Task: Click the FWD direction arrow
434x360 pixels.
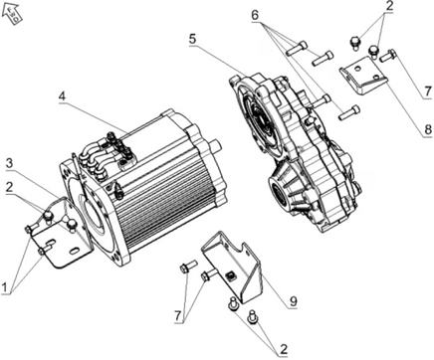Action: pyautogui.click(x=13, y=13)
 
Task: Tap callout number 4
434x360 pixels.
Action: pyautogui.click(x=62, y=96)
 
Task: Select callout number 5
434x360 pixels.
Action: pyautogui.click(x=193, y=39)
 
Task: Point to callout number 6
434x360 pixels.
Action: pyautogui.click(x=255, y=15)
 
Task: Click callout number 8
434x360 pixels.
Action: pyautogui.click(x=428, y=129)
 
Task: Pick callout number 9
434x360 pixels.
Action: pyautogui.click(x=293, y=301)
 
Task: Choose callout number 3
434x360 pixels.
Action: pyautogui.click(x=10, y=163)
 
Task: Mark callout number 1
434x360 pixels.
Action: pyautogui.click(x=4, y=287)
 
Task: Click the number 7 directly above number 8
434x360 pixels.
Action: pyautogui.click(x=428, y=90)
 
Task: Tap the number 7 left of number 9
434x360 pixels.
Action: pyautogui.click(x=178, y=316)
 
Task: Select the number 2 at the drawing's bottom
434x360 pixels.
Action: pyautogui.click(x=284, y=349)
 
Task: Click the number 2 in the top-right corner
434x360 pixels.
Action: pyautogui.click(x=389, y=6)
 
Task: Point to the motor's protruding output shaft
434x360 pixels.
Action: pyautogui.click(x=215, y=145)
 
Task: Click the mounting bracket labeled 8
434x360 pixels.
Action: pyautogui.click(x=363, y=76)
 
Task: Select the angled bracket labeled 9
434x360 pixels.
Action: pyautogui.click(x=232, y=266)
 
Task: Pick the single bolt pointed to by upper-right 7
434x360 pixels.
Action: pyautogui.click(x=387, y=55)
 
